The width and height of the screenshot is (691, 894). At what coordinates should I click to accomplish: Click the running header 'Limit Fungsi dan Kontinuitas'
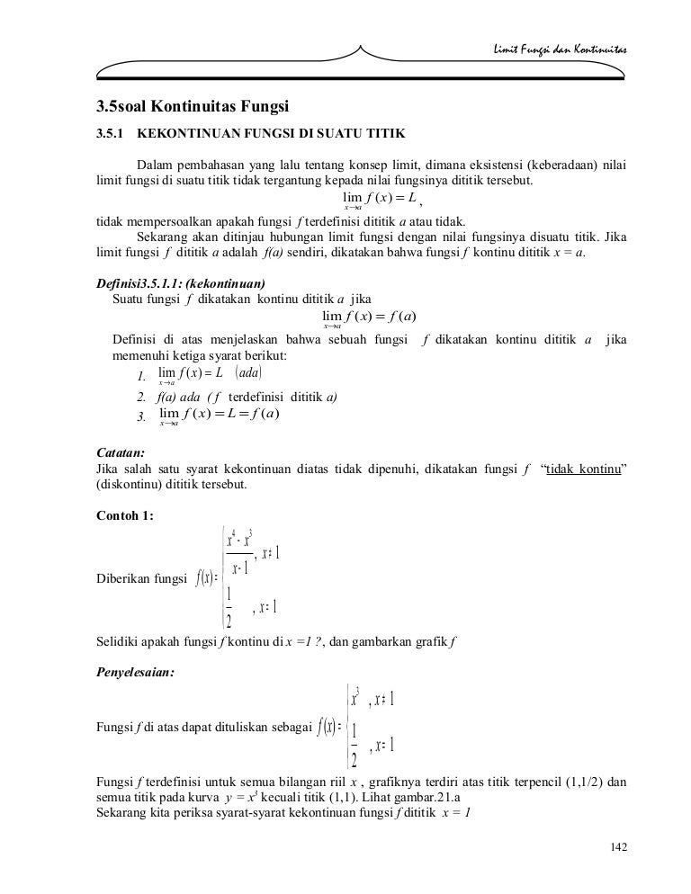(x=561, y=48)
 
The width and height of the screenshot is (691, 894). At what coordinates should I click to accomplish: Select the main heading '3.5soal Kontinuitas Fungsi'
(x=193, y=108)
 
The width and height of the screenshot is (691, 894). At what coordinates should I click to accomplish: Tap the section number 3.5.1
(x=112, y=135)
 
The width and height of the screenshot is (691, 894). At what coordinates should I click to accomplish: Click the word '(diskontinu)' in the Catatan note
(x=130, y=483)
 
